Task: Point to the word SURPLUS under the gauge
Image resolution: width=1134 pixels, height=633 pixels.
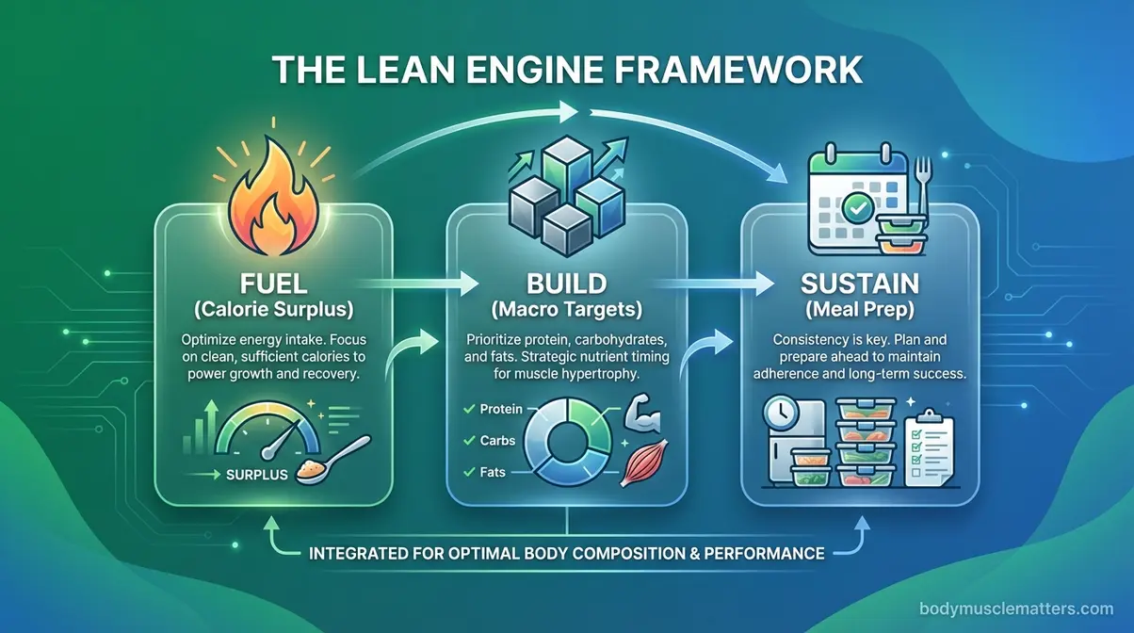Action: tap(256, 475)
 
